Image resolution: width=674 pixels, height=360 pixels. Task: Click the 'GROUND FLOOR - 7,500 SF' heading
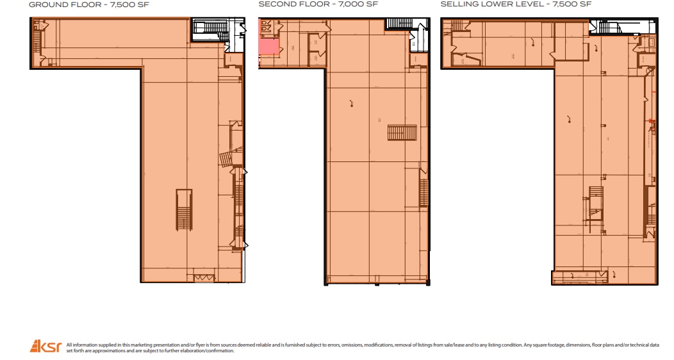(x=90, y=4)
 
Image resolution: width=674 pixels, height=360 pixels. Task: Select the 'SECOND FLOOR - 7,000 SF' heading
(x=318, y=4)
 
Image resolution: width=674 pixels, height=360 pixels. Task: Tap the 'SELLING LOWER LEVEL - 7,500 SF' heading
(x=516, y=4)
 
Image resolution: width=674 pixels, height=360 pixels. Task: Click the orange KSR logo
(x=45, y=347)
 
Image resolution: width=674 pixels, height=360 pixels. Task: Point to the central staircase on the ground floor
(x=184, y=210)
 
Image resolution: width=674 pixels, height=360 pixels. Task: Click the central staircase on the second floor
(x=402, y=133)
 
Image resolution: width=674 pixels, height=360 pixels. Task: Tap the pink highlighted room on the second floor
(x=268, y=47)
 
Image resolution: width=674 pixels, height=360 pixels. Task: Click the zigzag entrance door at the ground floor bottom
(x=202, y=277)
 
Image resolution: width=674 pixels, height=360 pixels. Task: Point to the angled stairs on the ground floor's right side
(x=226, y=159)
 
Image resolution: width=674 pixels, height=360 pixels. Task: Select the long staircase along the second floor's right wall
(x=423, y=191)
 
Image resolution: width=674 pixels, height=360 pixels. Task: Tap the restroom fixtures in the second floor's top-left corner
(x=266, y=26)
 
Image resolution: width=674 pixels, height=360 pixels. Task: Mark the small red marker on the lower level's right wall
(x=649, y=120)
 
